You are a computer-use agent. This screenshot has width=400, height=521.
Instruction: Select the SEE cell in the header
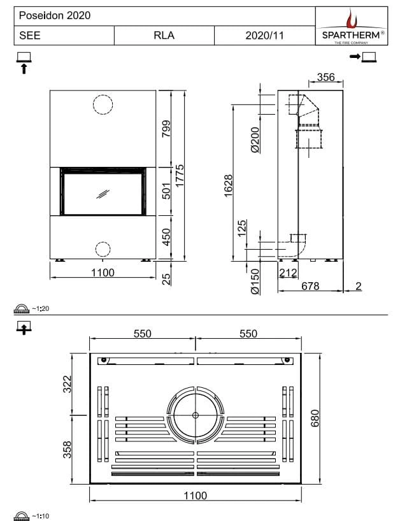(30, 36)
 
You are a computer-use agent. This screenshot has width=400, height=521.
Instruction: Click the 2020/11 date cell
(264, 36)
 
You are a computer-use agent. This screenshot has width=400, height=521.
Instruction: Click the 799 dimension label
(166, 129)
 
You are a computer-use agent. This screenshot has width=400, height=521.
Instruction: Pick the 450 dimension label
(166, 238)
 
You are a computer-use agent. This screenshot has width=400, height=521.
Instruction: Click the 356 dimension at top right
(325, 78)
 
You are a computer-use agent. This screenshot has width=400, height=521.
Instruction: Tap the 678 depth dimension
(310, 287)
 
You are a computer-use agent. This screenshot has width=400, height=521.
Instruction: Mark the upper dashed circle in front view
(103, 104)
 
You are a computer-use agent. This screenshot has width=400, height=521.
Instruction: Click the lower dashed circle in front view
(103, 248)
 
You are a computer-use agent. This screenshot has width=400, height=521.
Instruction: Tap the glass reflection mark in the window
(103, 194)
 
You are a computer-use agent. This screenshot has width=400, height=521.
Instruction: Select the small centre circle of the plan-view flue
(196, 415)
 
